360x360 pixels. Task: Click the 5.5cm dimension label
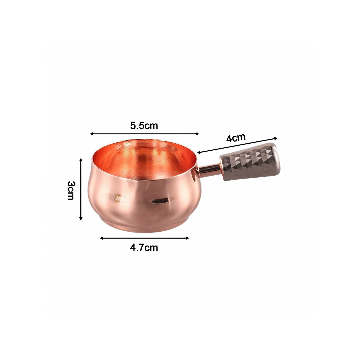click(x=144, y=126)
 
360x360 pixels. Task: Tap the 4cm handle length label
click(x=236, y=138)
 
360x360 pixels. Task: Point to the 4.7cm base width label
click(x=144, y=248)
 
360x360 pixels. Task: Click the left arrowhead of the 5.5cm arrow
click(x=91, y=134)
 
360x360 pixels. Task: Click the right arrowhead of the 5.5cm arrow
click(x=197, y=134)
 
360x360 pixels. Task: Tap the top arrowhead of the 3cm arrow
click(x=81, y=160)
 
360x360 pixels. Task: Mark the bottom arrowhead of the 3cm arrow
click(x=81, y=219)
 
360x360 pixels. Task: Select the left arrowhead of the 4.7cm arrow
click(x=101, y=238)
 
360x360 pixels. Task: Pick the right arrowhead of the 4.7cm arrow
click(x=187, y=238)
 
